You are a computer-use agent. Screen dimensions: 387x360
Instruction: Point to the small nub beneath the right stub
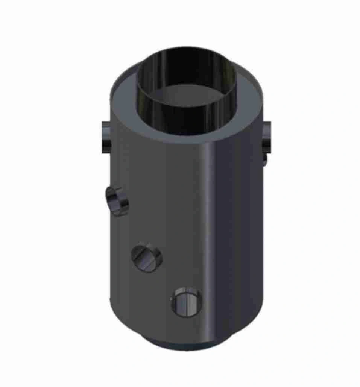[x=265, y=159]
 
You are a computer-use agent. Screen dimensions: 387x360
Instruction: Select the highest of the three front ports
[x=117, y=201]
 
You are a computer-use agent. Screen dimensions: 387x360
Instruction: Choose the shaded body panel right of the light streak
[x=237, y=226]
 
